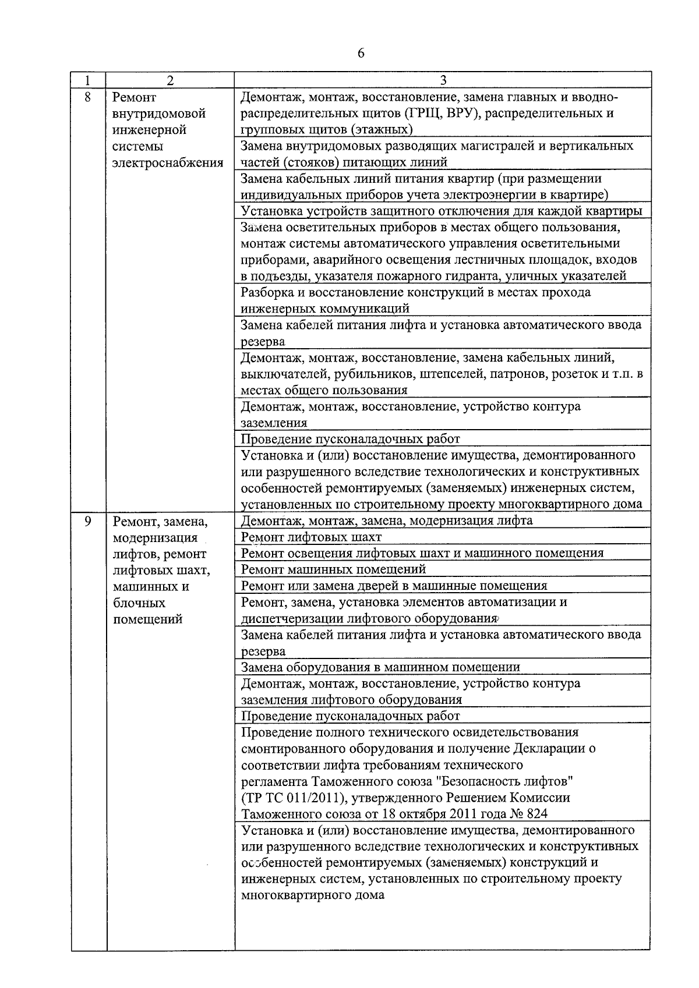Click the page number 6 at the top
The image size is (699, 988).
361,53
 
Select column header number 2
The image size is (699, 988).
170,80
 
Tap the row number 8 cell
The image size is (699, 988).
88,97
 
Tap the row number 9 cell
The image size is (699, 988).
88,520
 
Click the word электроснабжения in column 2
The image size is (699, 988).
168,162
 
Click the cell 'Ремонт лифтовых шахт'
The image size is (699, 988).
312,537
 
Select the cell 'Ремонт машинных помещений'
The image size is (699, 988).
333,569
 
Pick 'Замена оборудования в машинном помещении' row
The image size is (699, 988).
380,667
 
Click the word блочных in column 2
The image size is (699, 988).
139,603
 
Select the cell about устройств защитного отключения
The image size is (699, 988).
442,211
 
